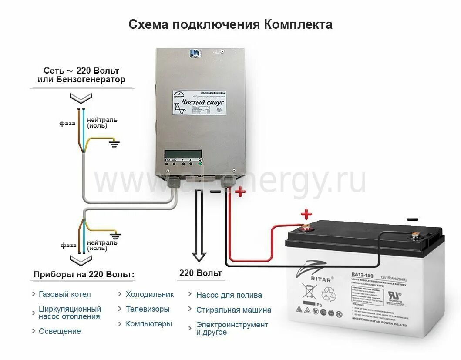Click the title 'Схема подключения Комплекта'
click(x=230, y=24)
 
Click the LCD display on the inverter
click(x=183, y=154)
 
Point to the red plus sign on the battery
click(x=307, y=214)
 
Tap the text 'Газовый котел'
click(x=65, y=294)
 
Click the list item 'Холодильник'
click(x=150, y=294)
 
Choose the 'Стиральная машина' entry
click(x=234, y=310)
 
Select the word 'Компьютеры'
click(x=149, y=324)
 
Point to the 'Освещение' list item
click(x=60, y=331)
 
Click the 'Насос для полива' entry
click(x=229, y=295)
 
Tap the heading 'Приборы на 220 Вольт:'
click(x=84, y=275)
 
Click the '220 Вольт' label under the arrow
click(x=201, y=273)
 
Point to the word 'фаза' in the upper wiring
click(x=67, y=123)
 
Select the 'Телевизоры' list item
click(x=148, y=309)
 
